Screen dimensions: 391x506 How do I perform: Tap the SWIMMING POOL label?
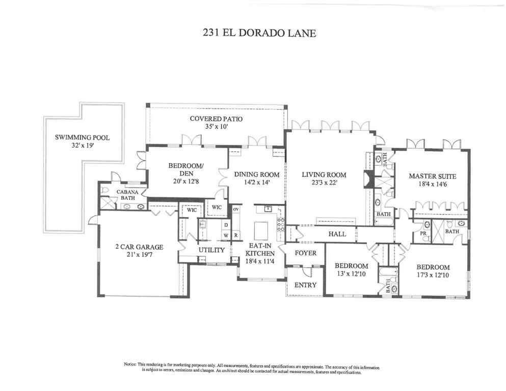82,137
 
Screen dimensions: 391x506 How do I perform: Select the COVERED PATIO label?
216,118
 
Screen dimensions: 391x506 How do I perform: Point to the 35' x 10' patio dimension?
216,126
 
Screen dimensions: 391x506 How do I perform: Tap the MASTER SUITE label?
432,176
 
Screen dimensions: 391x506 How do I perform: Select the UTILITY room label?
211,250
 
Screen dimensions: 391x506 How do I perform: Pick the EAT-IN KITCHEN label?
260,249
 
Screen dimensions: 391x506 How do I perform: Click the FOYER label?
306,253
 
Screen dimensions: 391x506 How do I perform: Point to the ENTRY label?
306,285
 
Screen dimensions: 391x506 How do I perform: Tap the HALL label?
337,234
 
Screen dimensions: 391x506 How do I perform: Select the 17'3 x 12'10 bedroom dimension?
433,275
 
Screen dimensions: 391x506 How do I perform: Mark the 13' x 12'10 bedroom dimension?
351,274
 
